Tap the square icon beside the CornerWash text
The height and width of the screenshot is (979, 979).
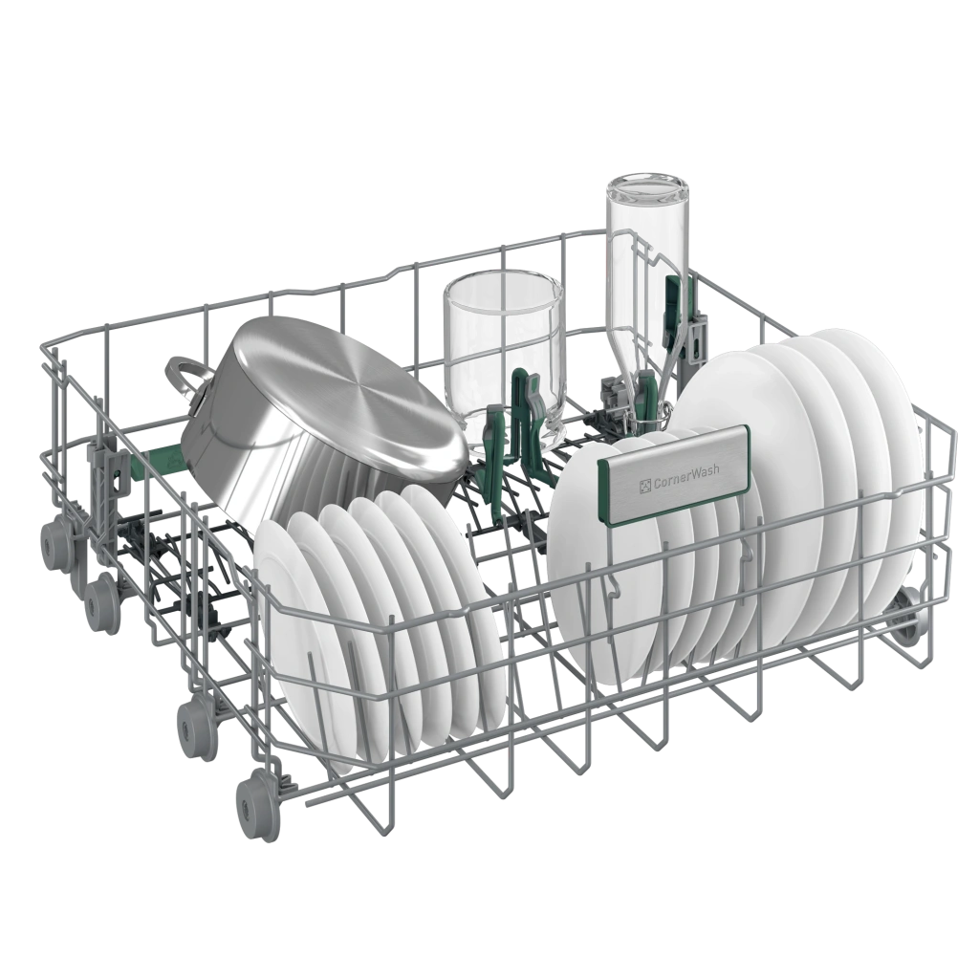(x=645, y=486)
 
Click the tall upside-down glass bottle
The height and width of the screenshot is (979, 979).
(x=646, y=294)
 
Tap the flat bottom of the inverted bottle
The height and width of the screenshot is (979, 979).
(x=647, y=188)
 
